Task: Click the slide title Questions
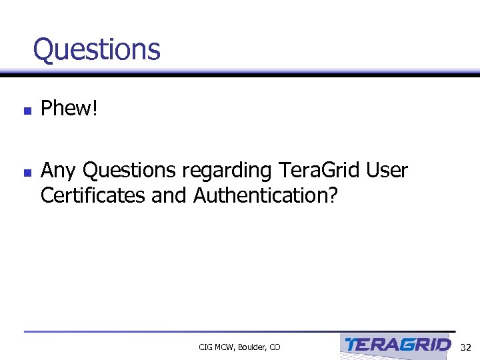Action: (x=97, y=49)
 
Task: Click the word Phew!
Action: (x=69, y=109)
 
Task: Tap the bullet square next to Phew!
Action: (x=27, y=111)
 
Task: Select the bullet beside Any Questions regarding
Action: (x=27, y=173)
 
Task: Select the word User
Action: (x=387, y=171)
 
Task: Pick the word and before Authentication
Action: (x=171, y=196)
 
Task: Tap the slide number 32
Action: (x=466, y=347)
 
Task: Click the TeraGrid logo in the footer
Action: (x=397, y=345)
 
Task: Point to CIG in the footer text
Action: (x=205, y=347)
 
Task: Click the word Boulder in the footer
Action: (x=251, y=347)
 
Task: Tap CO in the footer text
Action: (x=275, y=347)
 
